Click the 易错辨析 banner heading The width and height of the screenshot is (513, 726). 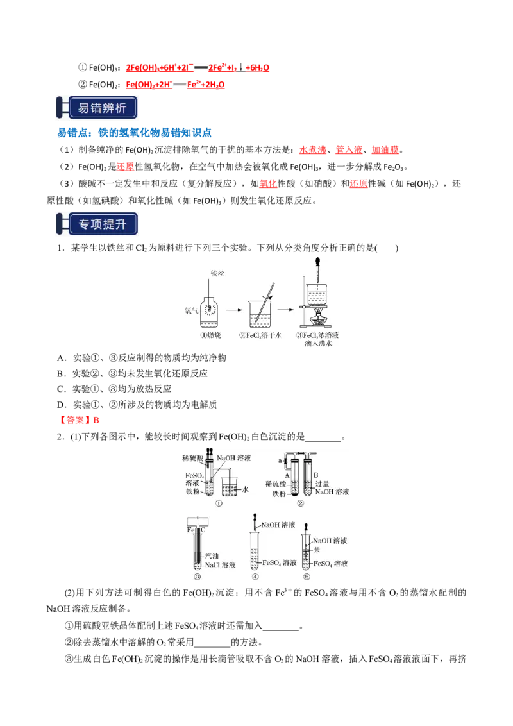pos(97,108)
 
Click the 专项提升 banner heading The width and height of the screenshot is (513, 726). pos(97,225)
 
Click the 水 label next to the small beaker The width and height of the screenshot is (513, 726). pos(245,489)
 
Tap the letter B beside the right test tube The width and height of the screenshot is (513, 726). pos(317,475)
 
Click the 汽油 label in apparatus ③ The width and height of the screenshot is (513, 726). pos(211,555)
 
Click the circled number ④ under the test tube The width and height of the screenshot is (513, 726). pos(255,577)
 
